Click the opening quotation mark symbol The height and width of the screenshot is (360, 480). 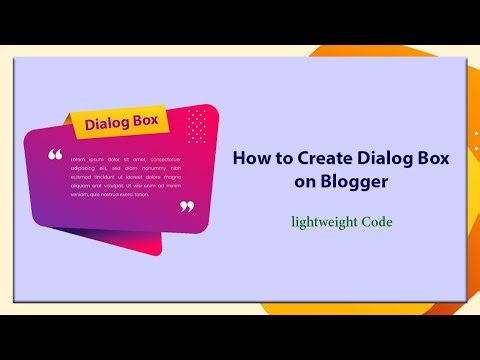(55, 156)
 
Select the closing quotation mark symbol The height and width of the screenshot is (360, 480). (186, 207)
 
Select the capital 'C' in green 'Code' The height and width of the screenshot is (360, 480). (365, 221)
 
